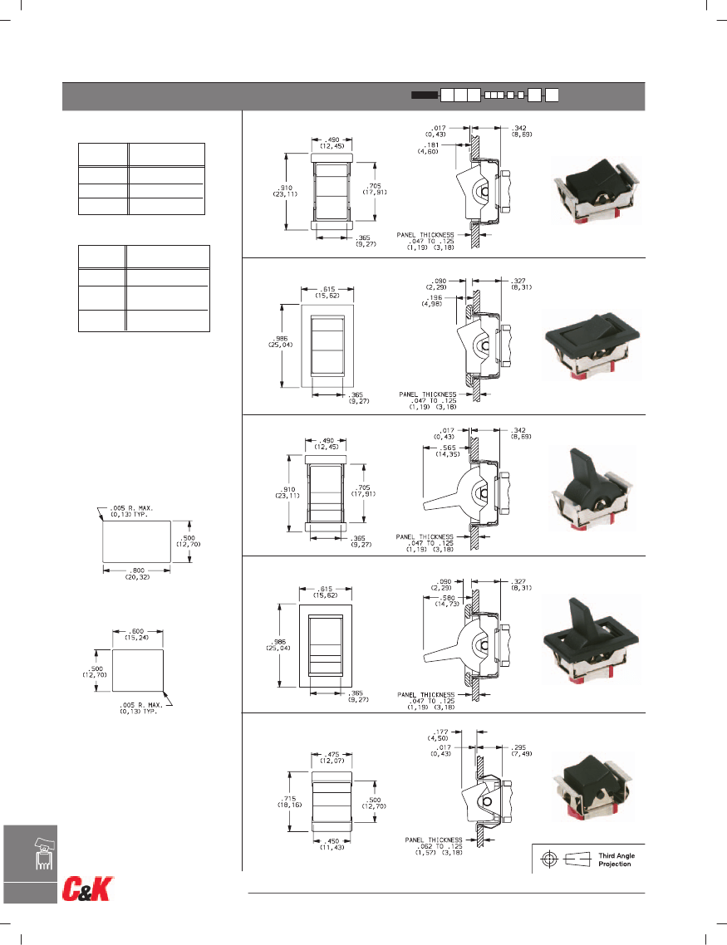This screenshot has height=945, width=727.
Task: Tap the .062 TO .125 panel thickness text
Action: click(x=433, y=847)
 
